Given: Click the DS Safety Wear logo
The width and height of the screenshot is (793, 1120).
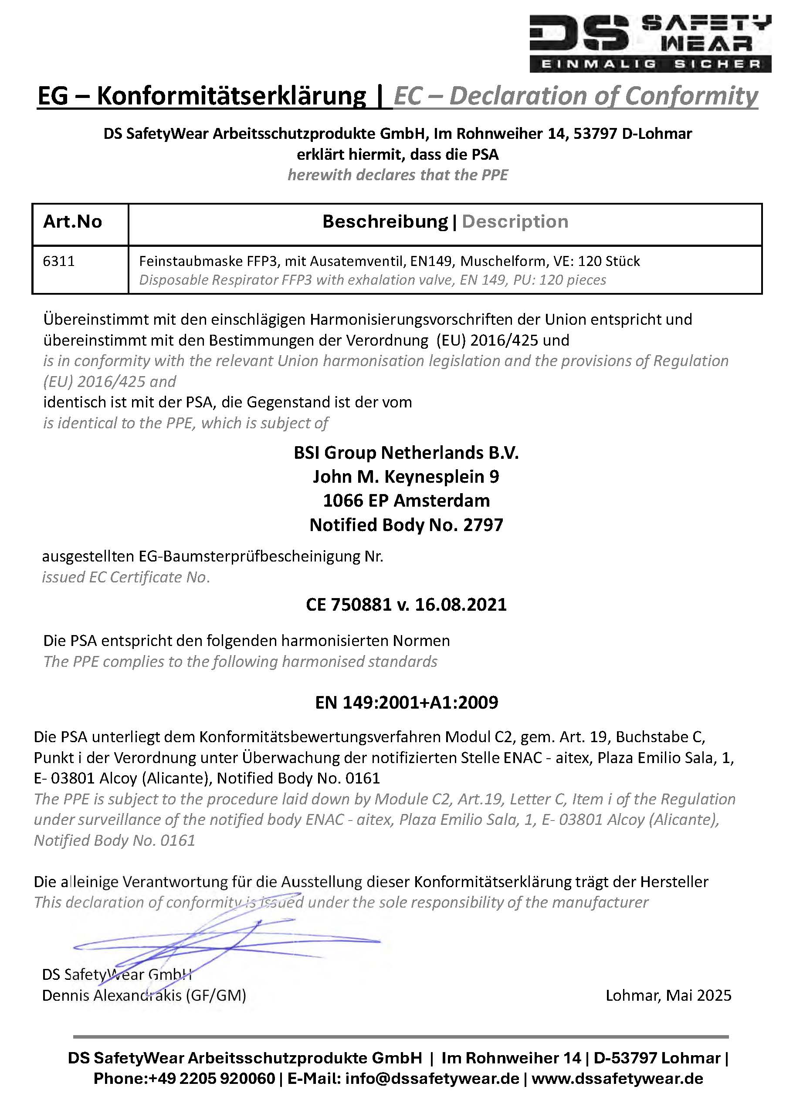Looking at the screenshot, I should tap(650, 43).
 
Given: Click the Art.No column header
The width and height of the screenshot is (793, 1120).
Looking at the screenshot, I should tap(72, 222).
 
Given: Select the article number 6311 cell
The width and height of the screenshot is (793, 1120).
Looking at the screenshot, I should tap(59, 262).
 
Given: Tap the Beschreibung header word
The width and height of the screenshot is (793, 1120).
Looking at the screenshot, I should tap(385, 222).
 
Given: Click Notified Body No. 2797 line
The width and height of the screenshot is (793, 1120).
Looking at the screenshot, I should tap(406, 525).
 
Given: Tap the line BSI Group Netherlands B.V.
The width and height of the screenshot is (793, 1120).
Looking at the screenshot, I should tap(406, 453).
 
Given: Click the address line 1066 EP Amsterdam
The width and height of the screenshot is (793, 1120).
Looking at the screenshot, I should tap(406, 501).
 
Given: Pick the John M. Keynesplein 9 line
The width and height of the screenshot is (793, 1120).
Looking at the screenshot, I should tap(406, 477).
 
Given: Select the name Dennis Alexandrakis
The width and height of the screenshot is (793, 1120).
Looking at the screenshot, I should tap(112, 995).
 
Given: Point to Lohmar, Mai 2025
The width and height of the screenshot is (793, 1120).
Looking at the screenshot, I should tap(668, 995).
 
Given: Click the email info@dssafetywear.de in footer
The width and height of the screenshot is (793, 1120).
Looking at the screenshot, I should tap(432, 1079).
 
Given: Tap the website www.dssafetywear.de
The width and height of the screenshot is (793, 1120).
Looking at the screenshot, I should tap(617, 1079).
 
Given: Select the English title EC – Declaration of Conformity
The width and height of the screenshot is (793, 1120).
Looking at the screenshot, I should tap(576, 96).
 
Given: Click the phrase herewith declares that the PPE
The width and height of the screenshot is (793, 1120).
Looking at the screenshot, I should tap(397, 175).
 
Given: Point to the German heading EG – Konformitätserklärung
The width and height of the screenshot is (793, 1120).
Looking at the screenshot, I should tap(201, 96).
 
